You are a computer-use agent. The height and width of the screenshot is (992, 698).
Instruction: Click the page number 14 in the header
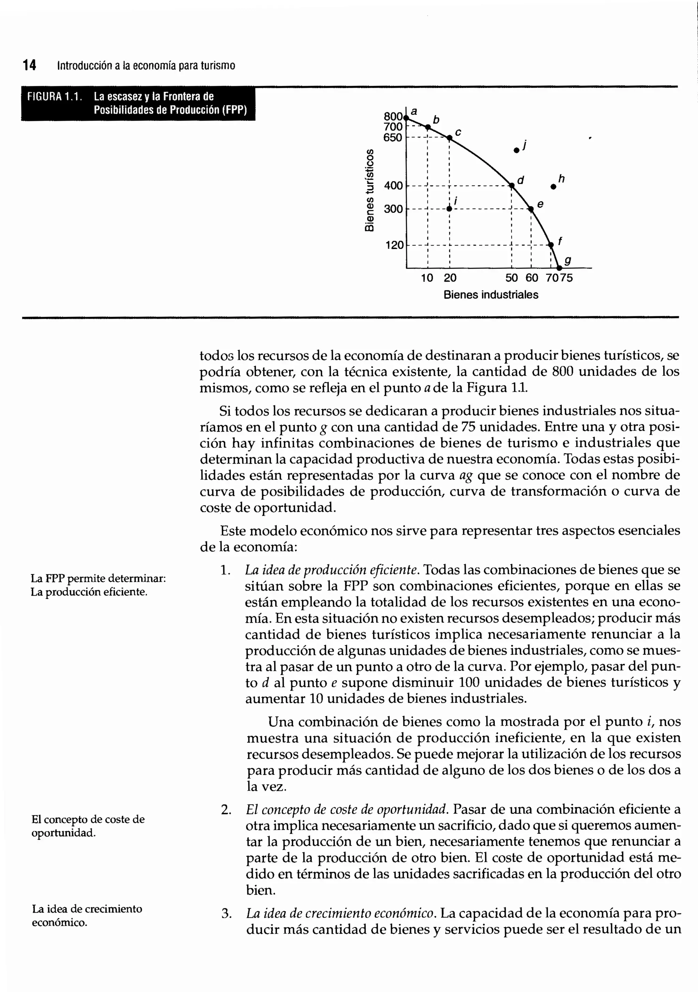[x=29, y=66]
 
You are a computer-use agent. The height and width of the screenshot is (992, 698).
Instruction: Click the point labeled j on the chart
[x=516, y=150]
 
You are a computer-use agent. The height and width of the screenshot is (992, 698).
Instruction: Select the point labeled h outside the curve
[x=553, y=187]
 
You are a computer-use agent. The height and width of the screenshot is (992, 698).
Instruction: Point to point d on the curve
[x=512, y=186]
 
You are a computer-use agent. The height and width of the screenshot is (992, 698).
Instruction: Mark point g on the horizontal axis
[x=559, y=268]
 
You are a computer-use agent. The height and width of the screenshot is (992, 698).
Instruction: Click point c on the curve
[x=449, y=138]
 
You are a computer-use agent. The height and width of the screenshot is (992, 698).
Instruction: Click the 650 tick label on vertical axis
[x=393, y=138]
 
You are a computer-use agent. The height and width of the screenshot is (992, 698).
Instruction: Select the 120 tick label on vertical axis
[x=394, y=245]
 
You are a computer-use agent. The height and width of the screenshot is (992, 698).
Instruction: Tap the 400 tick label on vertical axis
[x=393, y=186]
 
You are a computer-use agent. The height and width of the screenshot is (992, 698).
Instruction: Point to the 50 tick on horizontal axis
[x=512, y=278]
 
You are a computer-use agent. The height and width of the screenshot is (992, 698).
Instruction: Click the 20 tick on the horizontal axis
[x=450, y=278]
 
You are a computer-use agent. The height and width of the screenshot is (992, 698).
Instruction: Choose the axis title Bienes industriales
[x=491, y=295]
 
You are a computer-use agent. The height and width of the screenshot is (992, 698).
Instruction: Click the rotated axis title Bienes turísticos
[x=369, y=190]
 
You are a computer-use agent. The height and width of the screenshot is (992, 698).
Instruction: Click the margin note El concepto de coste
[x=88, y=820]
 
